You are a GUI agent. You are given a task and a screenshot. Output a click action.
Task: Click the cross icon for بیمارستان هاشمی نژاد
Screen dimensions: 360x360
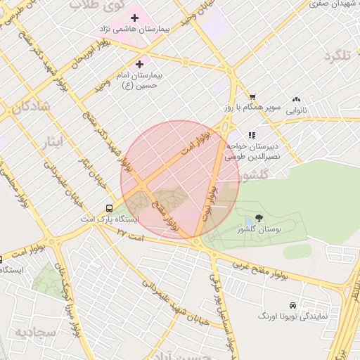(134, 17)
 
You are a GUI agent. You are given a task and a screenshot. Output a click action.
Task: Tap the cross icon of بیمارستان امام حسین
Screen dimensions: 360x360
(139, 64)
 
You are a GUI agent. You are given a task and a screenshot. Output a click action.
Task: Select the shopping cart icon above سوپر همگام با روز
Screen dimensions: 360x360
(252, 97)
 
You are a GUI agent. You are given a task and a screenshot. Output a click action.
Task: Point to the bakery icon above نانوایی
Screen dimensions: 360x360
(296, 100)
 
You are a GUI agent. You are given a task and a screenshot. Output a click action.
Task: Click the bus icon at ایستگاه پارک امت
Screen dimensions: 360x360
(109, 208)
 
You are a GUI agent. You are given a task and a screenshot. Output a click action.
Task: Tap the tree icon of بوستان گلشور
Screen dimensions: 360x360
(259, 218)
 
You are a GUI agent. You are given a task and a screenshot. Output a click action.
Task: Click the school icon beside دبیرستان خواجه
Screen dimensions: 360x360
(251, 135)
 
